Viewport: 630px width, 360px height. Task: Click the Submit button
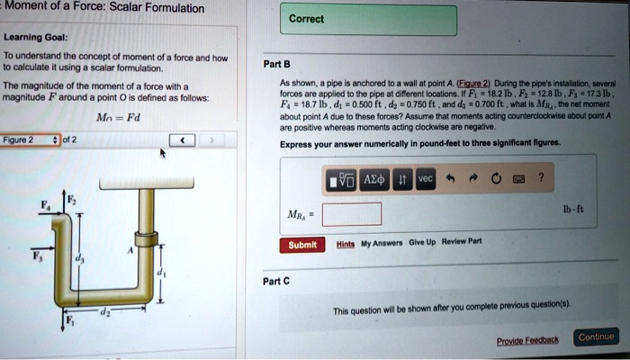302,245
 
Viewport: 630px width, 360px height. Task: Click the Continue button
597,337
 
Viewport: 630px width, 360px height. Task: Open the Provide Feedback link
527,339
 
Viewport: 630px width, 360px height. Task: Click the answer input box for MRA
351,214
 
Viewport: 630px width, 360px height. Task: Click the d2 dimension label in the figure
103,311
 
